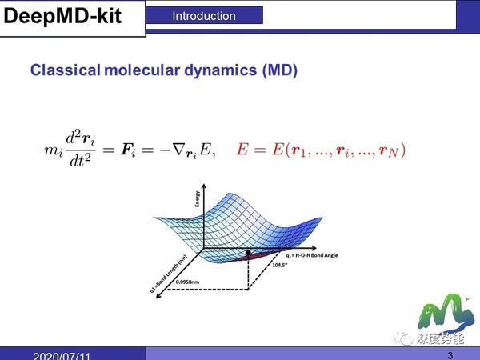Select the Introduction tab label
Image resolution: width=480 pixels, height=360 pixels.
tap(204, 15)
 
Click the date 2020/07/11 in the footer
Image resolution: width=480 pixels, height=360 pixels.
tap(61, 355)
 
